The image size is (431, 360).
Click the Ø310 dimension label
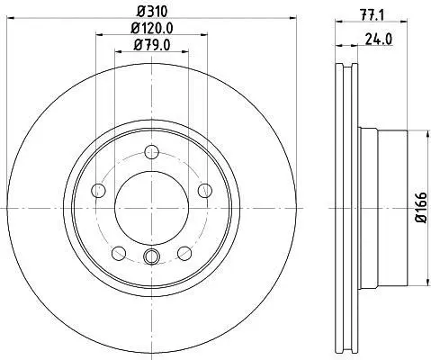152,12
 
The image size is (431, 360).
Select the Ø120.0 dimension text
152,29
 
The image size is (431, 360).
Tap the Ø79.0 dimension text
152,45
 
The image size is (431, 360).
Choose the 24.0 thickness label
379,39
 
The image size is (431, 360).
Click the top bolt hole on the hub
151,152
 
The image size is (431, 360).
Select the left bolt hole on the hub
98,191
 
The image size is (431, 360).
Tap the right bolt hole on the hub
205,191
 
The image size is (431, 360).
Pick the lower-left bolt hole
119,253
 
